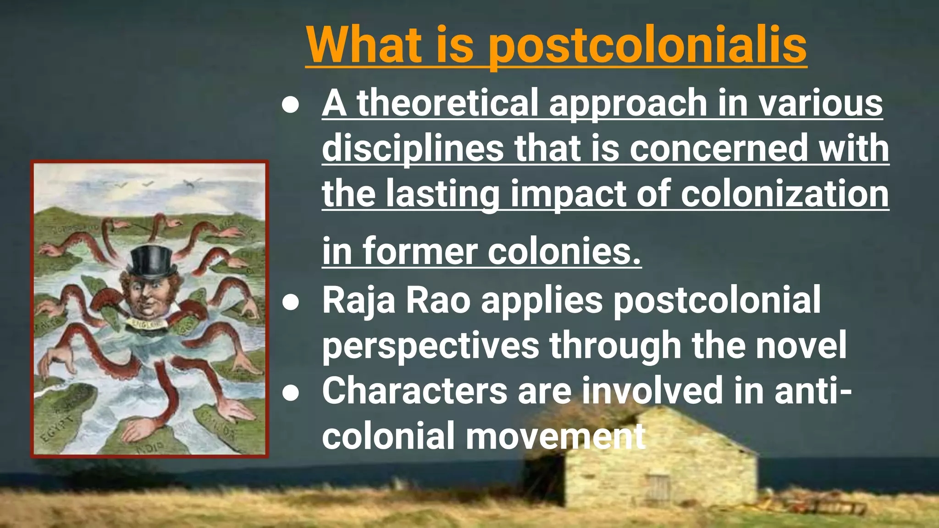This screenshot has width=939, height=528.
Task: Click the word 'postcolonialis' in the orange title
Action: [x=646, y=46]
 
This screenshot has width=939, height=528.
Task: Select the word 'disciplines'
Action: [x=413, y=148]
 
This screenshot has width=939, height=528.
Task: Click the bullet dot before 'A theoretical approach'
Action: [x=291, y=104]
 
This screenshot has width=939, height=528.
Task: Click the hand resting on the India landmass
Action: [x=138, y=429]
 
